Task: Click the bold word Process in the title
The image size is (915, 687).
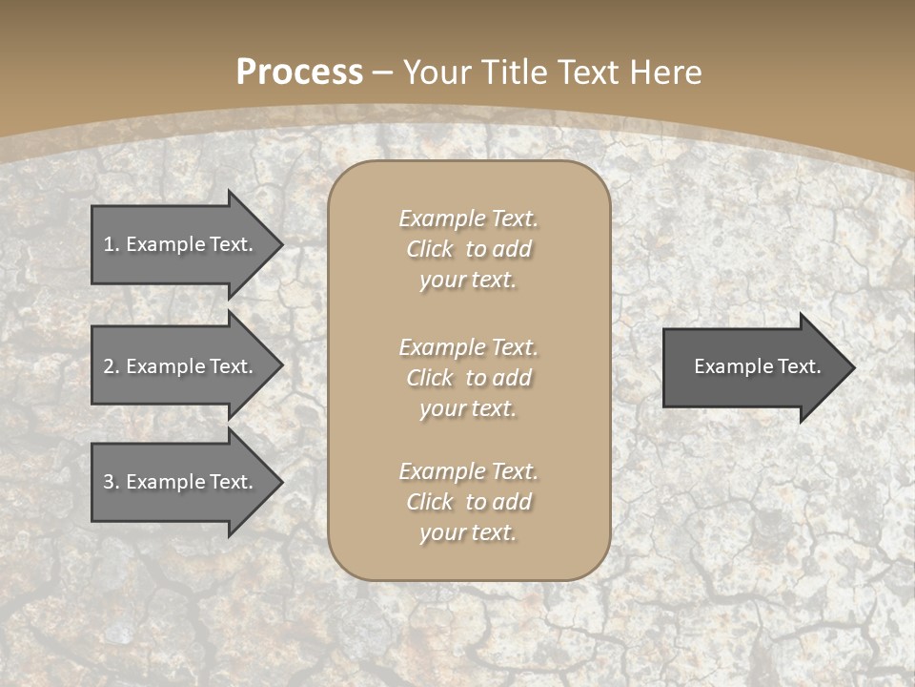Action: click(299, 72)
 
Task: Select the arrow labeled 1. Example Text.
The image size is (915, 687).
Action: click(181, 244)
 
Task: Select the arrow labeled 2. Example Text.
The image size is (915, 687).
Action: click(181, 366)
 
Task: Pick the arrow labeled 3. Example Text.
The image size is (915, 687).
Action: click(181, 482)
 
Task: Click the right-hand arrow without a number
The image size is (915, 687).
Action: click(753, 366)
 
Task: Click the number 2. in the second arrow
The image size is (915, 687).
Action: click(111, 366)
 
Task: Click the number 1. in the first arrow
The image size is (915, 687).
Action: click(111, 244)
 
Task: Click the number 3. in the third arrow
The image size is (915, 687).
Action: click(111, 482)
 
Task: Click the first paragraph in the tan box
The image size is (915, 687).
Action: click(468, 249)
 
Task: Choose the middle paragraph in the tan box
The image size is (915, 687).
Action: click(468, 377)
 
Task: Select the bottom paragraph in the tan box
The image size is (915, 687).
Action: click(468, 502)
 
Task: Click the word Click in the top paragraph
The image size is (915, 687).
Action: click(429, 249)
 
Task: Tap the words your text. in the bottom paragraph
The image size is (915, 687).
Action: click(468, 532)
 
